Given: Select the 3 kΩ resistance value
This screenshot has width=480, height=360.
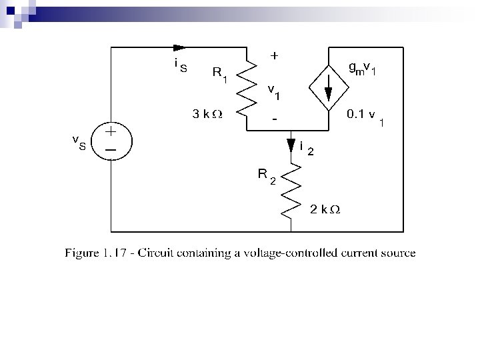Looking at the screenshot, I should click(207, 114).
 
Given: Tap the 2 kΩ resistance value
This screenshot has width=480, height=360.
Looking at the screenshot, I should click(325, 209).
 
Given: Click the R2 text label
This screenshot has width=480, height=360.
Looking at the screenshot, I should click(267, 176).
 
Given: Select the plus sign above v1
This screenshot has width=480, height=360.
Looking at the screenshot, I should click(274, 57).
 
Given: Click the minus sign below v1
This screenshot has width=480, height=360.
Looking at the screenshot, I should click(274, 119).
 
